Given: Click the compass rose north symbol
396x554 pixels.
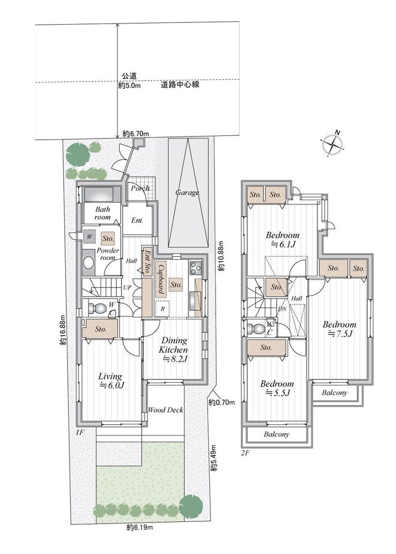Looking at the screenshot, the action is [333, 143].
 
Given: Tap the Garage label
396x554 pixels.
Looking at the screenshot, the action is [188, 193].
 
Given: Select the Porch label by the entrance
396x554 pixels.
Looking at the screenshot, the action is [141, 188].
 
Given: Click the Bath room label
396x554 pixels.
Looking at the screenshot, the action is [102, 213].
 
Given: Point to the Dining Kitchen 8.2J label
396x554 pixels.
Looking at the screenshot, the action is [174, 350].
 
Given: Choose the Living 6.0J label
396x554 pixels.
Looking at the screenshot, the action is [111, 381].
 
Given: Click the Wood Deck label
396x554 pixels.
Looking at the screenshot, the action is [165, 410].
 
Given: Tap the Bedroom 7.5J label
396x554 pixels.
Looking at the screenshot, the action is [339, 329].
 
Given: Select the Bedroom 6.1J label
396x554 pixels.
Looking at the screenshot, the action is [283, 239].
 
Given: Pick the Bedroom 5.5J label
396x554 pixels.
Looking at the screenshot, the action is [277, 388].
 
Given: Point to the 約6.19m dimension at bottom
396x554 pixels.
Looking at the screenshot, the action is [140, 528].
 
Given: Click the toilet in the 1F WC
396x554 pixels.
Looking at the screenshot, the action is [96, 308].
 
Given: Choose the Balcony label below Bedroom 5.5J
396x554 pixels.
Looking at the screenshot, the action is [277, 434].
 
